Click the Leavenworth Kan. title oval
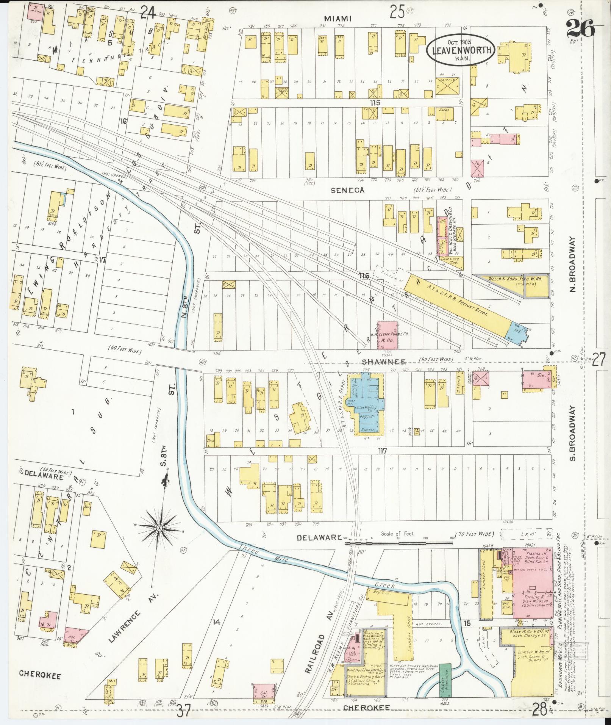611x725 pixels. pos(461,50)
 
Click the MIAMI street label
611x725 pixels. pos(338,18)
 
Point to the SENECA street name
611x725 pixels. pos(347,190)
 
